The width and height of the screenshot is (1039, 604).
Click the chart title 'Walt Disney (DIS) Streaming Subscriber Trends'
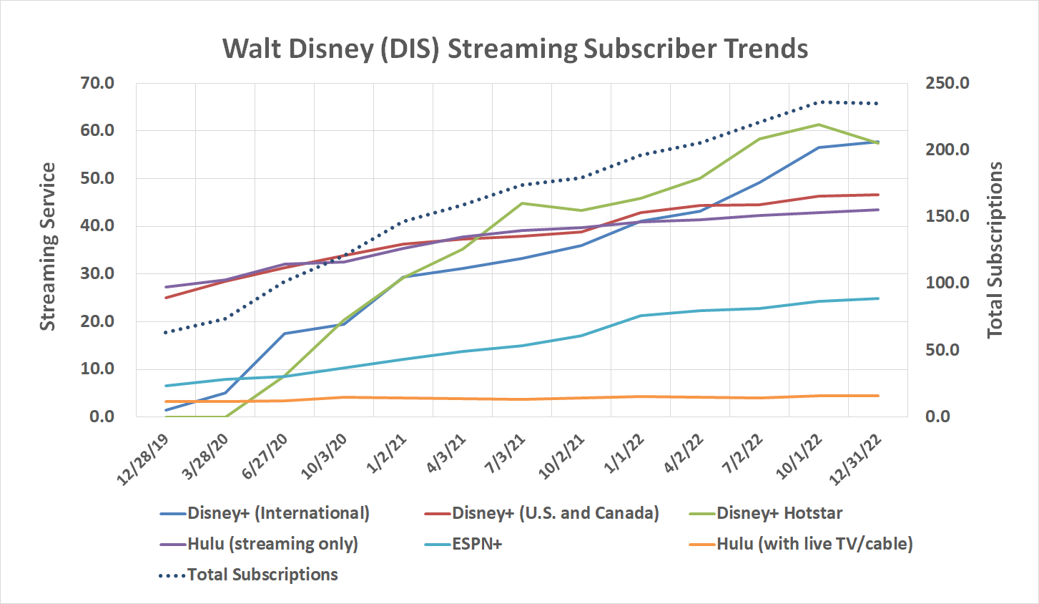(515, 49)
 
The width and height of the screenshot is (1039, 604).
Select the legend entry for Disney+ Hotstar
(779, 513)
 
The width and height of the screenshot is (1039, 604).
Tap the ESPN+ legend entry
(477, 544)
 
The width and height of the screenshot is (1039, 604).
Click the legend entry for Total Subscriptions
(262, 575)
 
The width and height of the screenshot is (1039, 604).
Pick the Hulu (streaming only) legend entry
(272, 544)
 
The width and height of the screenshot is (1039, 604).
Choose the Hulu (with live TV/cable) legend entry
(814, 544)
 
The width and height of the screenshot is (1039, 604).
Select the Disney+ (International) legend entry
(278, 513)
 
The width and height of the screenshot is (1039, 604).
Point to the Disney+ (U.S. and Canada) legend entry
(555, 513)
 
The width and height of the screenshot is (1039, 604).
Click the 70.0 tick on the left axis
(97, 83)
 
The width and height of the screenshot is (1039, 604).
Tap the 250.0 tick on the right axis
(947, 83)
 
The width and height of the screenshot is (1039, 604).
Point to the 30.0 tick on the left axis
(97, 273)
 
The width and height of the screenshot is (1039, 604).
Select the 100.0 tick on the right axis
(947, 283)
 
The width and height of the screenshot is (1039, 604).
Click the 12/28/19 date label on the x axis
(144, 460)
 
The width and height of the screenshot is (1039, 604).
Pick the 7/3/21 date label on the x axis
(506, 455)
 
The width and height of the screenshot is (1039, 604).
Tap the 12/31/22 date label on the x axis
(855, 460)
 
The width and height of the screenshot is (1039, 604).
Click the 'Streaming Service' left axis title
(47, 247)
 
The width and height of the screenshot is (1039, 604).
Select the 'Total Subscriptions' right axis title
(995, 250)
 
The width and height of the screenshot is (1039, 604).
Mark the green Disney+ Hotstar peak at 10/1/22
(819, 125)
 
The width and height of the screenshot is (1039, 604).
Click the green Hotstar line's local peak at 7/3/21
(522, 203)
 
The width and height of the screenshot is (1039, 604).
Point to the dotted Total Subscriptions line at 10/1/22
(819, 102)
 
